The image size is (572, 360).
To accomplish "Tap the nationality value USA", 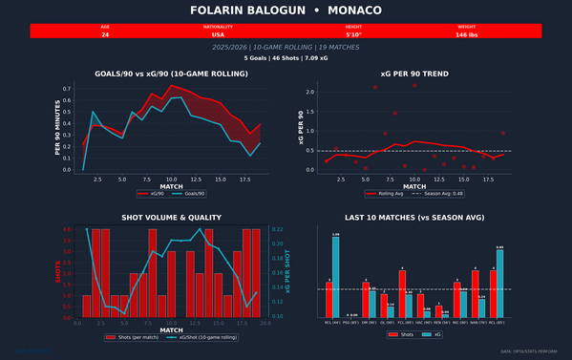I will pyautogui.click(x=219, y=34).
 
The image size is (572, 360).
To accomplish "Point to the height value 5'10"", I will pyautogui.click(x=354, y=34).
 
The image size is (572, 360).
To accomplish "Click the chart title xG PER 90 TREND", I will pyautogui.click(x=414, y=74).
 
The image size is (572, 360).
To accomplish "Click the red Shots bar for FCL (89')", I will pyautogui.click(x=402, y=292).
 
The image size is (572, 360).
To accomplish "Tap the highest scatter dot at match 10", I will pyautogui.click(x=414, y=86).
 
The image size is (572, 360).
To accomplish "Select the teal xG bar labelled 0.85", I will pyautogui.click(x=499, y=282).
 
